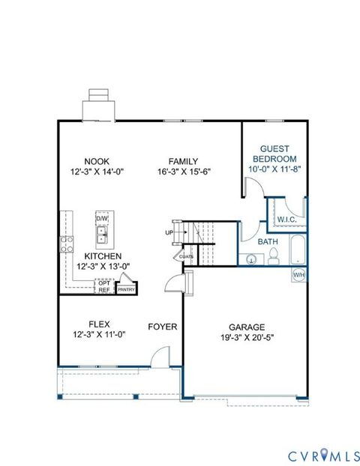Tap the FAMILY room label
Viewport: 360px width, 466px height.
point(183,161)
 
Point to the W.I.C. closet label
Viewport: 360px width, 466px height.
point(287,220)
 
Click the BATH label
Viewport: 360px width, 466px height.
point(267,242)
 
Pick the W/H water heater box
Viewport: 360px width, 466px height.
point(299,274)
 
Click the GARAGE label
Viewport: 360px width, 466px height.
point(247,327)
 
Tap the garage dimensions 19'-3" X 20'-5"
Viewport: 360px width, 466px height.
point(247,337)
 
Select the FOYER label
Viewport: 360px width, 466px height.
point(162,327)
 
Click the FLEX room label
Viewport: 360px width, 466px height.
point(98,324)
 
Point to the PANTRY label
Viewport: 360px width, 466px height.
point(126,289)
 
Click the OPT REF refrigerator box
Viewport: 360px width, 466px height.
point(104,286)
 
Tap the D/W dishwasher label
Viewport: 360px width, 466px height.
point(102,219)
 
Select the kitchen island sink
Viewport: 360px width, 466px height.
point(101,237)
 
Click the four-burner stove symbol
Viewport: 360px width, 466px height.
point(67,243)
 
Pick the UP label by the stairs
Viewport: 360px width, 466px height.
point(169,233)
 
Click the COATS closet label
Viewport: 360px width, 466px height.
point(186,256)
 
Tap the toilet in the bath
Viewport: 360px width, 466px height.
point(274,258)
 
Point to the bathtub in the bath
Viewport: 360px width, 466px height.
point(298,250)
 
